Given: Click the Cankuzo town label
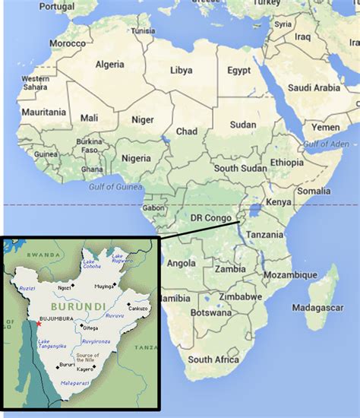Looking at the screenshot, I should pos(138,309).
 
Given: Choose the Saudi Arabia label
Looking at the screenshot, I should pos(317,86).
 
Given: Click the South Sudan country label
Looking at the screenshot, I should pos(240,168).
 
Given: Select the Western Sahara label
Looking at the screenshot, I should pos(35,83).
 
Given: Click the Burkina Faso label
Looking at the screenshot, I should pos(88,146).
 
